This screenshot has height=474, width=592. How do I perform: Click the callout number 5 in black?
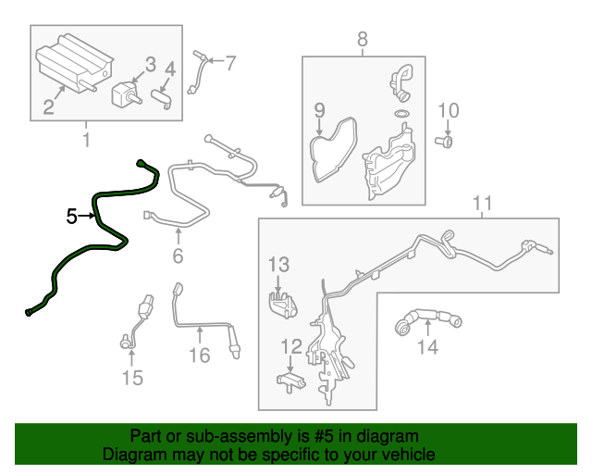pos(71,217)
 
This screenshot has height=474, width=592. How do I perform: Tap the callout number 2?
pos(48,107)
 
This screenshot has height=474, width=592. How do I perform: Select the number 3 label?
pos(151,65)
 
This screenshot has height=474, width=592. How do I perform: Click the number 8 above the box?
pos(362,39)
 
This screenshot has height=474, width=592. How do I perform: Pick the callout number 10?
pos(448,110)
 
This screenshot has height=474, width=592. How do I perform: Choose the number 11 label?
pos(483,203)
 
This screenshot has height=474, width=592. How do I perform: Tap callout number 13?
pos(279,265)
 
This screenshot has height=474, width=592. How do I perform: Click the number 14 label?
pos(427,347)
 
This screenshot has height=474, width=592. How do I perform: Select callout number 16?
pos(200,355)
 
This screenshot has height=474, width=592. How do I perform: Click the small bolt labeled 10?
pos(444,143)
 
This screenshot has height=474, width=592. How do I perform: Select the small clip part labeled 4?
pos(162,99)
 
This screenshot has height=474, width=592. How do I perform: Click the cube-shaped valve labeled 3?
pos(126,94)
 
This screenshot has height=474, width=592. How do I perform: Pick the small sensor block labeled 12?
pos(291,381)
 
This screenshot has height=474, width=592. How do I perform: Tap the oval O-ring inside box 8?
pos(401,113)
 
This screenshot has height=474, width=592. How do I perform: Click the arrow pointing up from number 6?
pos(178,236)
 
